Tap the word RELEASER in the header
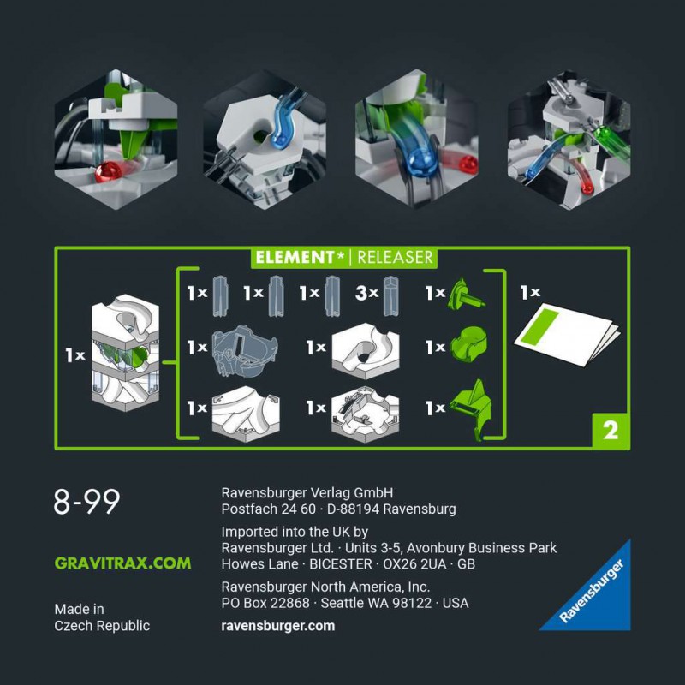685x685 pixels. point(395,257)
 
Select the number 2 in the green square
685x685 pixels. point(610,431)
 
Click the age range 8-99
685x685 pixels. point(86,503)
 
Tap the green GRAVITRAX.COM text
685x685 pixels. point(122,563)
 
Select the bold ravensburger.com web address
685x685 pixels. point(277,626)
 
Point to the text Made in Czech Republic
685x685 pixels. point(102,617)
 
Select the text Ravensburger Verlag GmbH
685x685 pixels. point(307,492)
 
